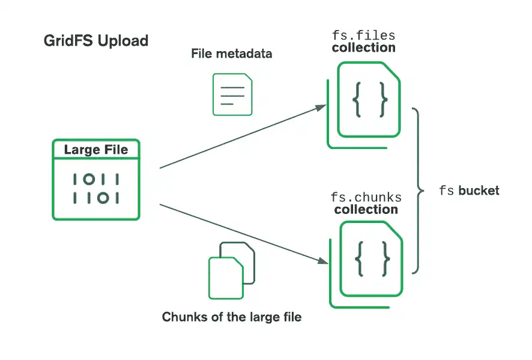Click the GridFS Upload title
point(96,41)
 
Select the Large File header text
point(96,150)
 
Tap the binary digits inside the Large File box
point(96,188)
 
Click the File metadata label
point(231,53)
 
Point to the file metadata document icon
point(232,94)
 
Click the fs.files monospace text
point(363,35)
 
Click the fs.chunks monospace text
point(366,197)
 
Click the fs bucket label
point(469,191)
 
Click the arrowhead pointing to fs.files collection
point(321,108)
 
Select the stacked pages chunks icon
point(232,269)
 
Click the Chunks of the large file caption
point(231,317)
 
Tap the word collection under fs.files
point(363,47)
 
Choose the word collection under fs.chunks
point(366,210)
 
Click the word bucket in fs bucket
point(479,191)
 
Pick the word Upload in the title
point(123,41)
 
